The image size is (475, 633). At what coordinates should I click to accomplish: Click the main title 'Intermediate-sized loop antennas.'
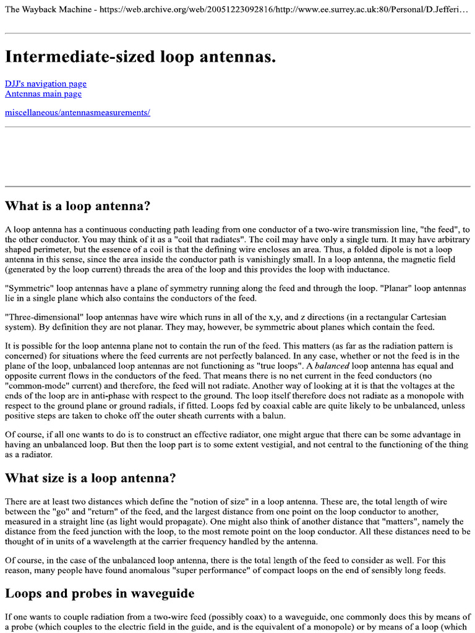[140, 57]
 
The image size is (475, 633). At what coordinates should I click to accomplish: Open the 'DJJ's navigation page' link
[46, 83]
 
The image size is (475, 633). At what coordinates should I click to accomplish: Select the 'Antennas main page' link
[43, 94]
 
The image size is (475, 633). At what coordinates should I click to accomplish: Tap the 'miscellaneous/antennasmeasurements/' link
[77, 113]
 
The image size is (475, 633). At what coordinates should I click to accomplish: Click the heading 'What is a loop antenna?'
[78, 205]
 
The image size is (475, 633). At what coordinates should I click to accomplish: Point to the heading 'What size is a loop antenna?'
[90, 478]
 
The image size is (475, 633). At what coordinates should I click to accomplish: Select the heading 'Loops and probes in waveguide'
[100, 593]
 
